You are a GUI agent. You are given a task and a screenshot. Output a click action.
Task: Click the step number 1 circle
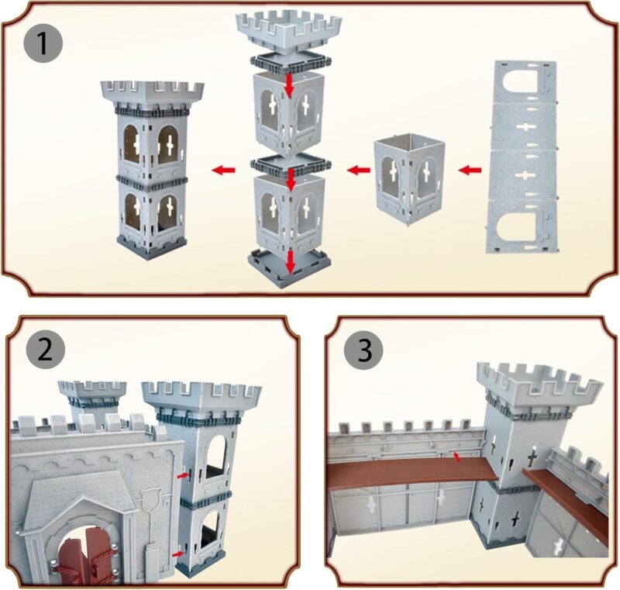[x=43, y=43]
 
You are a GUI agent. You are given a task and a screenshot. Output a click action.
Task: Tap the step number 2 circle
[x=46, y=350]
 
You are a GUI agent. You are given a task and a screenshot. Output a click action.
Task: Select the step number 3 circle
[x=363, y=350]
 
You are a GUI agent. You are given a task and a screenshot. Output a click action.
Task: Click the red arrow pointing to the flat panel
[x=470, y=171]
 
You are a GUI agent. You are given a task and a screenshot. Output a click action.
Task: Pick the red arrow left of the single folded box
[x=359, y=171]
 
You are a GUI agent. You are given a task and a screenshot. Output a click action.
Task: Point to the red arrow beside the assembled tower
[x=223, y=171]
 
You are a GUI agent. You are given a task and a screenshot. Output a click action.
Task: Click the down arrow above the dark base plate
[x=291, y=261]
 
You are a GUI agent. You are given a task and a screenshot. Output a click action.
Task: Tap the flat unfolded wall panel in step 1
[x=522, y=157]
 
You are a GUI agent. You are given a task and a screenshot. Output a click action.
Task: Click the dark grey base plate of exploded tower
[x=290, y=269]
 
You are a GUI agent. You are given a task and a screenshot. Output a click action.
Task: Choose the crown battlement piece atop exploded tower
[x=289, y=32]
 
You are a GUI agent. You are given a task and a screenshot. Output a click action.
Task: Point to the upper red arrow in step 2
[x=182, y=475]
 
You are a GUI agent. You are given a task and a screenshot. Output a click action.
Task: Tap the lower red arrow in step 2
[x=177, y=554]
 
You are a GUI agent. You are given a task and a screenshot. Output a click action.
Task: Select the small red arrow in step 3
[x=456, y=457]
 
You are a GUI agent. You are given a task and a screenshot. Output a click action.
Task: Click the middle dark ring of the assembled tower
[x=152, y=183]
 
